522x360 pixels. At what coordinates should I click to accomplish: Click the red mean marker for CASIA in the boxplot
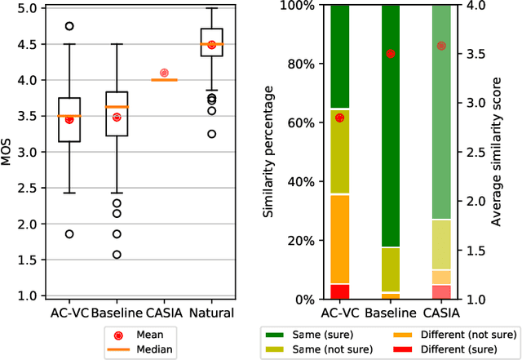164,73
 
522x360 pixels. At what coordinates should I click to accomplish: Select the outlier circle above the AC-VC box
69,26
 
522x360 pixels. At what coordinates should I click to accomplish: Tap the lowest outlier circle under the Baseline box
117,255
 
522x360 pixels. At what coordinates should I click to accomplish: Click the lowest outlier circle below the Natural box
211,134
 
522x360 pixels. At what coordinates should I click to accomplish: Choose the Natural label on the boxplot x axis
211,313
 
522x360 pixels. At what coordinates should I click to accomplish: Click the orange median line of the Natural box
211,44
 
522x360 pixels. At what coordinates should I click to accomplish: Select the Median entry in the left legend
150,349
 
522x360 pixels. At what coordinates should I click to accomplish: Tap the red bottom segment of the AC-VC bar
339,291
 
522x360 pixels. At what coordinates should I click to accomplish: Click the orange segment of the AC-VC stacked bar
339,239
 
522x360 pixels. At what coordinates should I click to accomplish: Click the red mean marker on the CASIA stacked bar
441,46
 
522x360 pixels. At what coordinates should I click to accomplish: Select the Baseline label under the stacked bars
391,313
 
